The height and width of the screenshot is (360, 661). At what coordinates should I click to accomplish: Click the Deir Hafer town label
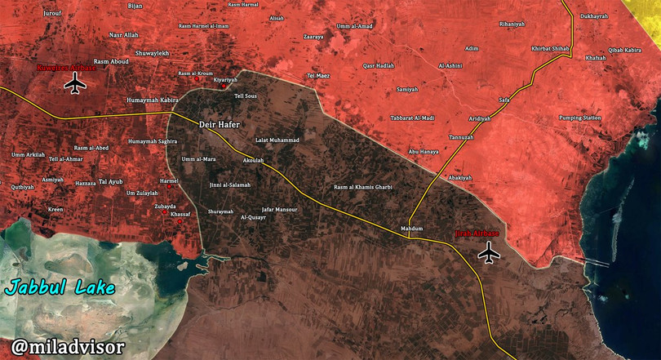pos(220,125)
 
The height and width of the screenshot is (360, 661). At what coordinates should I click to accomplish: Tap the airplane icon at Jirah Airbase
pos(489,253)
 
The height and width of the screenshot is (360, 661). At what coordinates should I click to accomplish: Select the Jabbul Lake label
pos(60,288)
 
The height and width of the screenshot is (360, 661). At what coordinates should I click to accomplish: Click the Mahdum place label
pos(412,229)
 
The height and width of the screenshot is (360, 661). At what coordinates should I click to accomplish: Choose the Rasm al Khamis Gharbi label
pos(363,187)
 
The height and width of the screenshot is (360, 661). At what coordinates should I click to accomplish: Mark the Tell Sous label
pos(245,96)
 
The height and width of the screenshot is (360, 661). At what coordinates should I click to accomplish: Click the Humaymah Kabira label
pos(153,100)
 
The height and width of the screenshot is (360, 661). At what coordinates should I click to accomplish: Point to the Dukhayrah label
pos(593,16)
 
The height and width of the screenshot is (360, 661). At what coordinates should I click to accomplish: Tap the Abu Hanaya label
pos(424,152)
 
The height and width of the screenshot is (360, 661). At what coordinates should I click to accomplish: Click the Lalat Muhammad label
pos(277,140)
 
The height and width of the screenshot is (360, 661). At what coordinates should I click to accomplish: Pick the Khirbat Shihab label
pos(550,48)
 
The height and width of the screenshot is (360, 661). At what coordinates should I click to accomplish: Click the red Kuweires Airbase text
pos(67,69)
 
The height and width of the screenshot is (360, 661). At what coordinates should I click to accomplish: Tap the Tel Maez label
pos(318,76)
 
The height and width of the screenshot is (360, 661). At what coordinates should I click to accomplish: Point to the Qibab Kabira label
pos(624,50)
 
